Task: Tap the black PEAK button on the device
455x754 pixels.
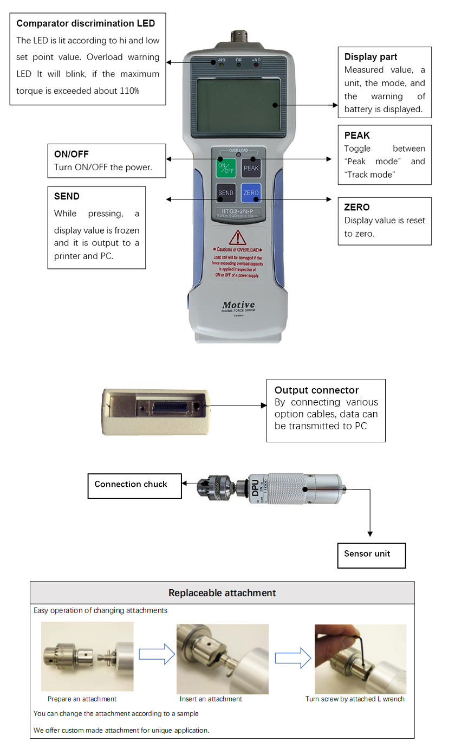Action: coord(251,167)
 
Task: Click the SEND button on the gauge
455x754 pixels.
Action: coord(225,193)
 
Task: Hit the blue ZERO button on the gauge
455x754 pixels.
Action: coord(251,193)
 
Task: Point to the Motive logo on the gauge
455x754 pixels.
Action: coord(238,305)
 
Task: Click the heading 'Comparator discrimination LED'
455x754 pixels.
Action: coord(86,23)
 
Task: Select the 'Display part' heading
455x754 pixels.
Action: coord(370,57)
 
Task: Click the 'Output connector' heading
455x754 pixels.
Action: coord(316,390)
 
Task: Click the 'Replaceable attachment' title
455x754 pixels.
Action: coord(222,593)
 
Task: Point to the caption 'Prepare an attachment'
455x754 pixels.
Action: coord(82,699)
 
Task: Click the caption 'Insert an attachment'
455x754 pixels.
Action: coord(211,699)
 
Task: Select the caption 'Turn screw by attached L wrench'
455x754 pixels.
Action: coord(355,699)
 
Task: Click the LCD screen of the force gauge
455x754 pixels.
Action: coord(239,105)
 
